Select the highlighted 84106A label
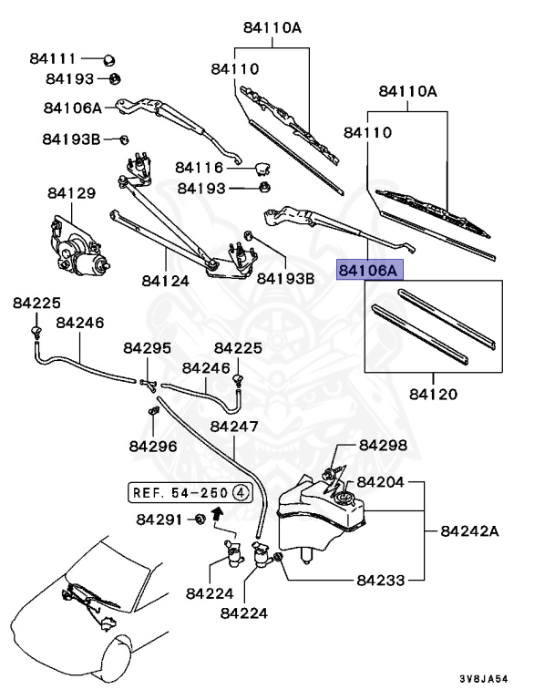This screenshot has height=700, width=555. click(368, 271)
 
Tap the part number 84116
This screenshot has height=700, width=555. click(200, 168)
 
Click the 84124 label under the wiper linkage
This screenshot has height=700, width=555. click(165, 281)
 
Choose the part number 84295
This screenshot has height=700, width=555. click(148, 348)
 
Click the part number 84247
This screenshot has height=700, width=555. click(235, 427)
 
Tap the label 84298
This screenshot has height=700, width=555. click(383, 445)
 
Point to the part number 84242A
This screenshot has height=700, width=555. click(471, 530)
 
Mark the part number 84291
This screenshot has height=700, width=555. click(161, 520)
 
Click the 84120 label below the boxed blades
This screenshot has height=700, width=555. click(433, 395)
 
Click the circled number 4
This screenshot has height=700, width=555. click(241, 493)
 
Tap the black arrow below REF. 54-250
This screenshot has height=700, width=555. click(217, 512)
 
